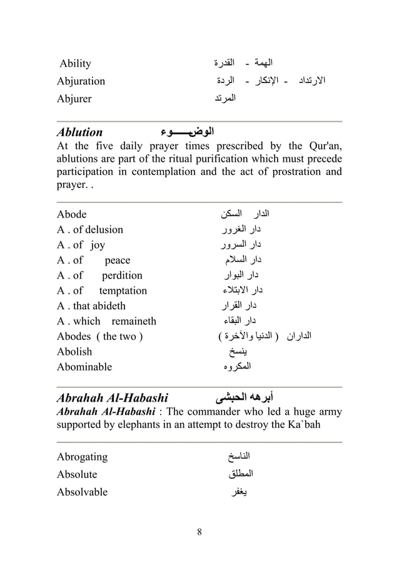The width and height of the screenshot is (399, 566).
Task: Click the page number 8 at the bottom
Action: [x=199, y=532]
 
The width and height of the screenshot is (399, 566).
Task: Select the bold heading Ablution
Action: [x=79, y=132]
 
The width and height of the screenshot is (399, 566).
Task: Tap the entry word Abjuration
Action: [x=81, y=81]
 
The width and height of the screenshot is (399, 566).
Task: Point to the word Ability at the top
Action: [x=75, y=64]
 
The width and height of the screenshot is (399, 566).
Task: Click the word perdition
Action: [x=122, y=276]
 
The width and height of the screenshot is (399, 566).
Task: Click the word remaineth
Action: [x=134, y=321]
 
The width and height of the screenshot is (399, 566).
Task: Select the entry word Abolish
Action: [x=74, y=352]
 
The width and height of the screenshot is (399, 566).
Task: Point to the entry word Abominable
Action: [x=84, y=367]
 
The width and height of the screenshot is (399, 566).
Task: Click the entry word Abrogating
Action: [x=82, y=457]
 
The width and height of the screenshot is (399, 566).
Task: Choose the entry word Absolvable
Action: [x=82, y=492]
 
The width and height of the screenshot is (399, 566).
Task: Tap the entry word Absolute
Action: [x=77, y=474]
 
